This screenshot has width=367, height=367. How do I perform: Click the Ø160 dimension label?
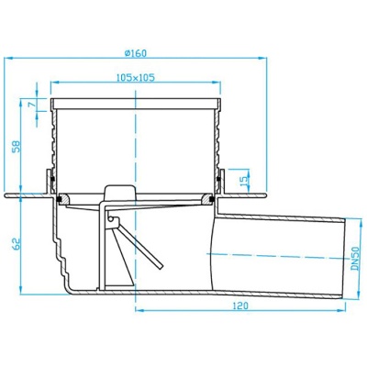point(136,53)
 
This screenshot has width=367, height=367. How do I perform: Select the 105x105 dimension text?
point(136,77)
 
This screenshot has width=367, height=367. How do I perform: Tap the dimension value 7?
point(31,104)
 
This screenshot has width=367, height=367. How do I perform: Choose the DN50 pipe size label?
point(355,259)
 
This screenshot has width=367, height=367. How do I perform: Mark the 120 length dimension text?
point(240,306)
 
